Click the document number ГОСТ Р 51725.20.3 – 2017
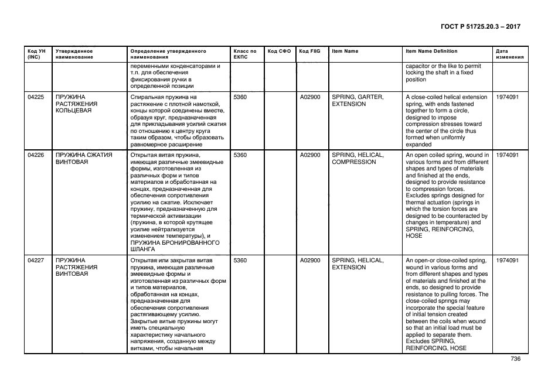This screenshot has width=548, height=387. click(479, 26)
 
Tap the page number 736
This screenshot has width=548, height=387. click(515, 358)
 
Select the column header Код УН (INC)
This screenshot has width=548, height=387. click(36, 54)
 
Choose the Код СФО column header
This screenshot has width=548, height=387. click(279, 51)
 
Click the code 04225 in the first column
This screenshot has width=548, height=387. click(36, 97)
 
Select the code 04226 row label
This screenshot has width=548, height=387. click(36, 155)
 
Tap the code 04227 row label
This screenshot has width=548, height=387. click(36, 261)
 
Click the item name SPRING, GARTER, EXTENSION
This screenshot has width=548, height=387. click(358, 100)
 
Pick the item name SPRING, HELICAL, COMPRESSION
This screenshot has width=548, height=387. click(358, 159)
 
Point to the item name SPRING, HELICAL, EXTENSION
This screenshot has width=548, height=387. click(358, 264)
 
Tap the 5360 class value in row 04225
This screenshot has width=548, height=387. click(240, 97)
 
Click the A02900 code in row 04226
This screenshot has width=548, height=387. click(310, 155)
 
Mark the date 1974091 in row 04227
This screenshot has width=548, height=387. click(507, 261)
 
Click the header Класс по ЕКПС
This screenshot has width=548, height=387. click(245, 54)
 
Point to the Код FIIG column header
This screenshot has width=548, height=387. click(309, 51)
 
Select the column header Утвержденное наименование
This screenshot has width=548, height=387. click(74, 54)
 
